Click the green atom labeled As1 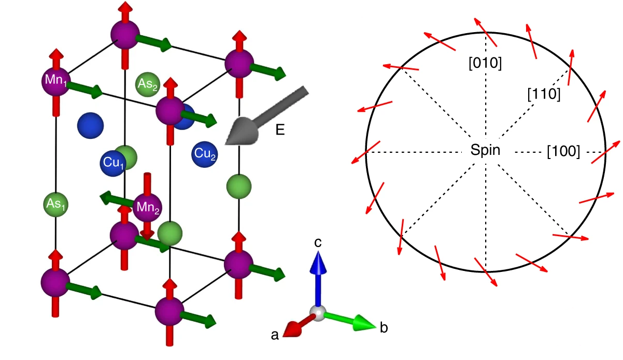[55, 204]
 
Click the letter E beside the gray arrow [280, 130]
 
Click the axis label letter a [275, 336]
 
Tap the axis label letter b [384, 327]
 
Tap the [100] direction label [563, 151]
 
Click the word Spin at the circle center [486, 151]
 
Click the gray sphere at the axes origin [318, 312]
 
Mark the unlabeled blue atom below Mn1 [90, 125]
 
